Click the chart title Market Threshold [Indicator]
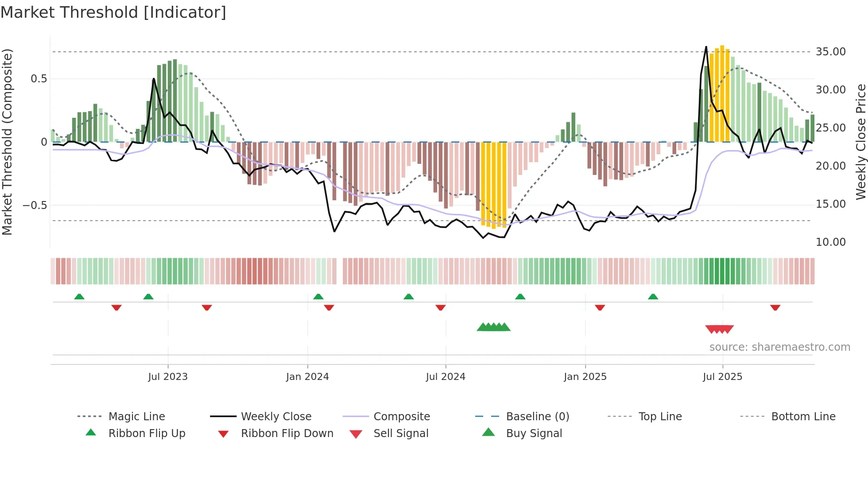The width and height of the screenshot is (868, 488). (x=113, y=12)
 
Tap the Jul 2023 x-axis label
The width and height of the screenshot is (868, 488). (x=168, y=377)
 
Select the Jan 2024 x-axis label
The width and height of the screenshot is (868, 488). (x=307, y=377)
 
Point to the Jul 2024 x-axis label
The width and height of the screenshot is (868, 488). (x=446, y=377)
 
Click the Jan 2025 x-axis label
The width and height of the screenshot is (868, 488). (x=585, y=377)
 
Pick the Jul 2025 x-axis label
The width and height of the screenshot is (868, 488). (x=722, y=377)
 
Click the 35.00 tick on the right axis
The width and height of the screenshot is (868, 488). (x=831, y=52)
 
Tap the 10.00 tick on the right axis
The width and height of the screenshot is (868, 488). (x=831, y=242)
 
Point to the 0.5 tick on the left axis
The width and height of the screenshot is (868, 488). (x=39, y=79)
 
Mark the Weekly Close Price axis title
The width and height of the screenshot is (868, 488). (x=860, y=142)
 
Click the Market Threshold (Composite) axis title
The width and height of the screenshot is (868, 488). (x=7, y=142)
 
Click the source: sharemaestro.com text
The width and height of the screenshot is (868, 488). (x=779, y=347)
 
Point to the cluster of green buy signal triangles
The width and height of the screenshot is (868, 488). (x=493, y=327)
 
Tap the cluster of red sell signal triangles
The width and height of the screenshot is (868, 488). (x=719, y=329)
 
